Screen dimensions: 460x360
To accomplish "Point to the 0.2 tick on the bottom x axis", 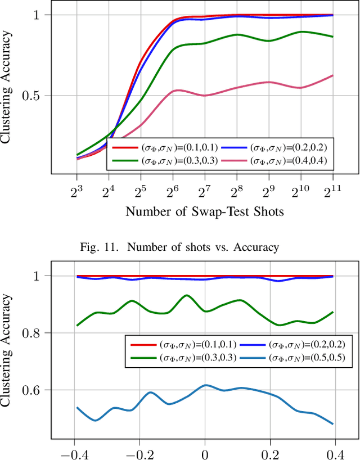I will coord(271,452).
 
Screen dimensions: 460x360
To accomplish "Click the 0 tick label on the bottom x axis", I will coord(205,452).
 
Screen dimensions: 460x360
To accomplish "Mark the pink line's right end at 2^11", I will coord(332,75).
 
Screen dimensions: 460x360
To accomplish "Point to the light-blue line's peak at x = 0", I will coord(205,385).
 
